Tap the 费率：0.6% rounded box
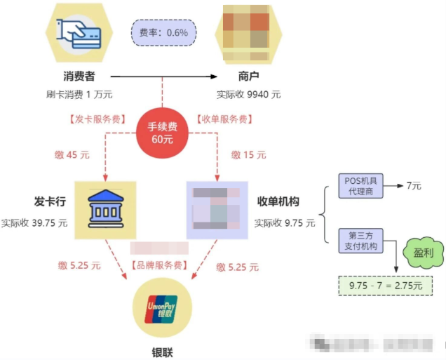163,32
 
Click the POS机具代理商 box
360,186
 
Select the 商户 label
248,76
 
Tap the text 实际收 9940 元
248,94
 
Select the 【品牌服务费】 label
163,266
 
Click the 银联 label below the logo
163,350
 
